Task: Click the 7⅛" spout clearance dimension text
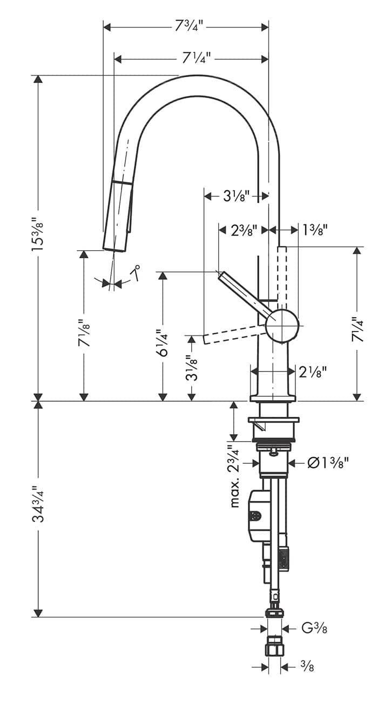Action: [x=84, y=334]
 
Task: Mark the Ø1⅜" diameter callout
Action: [x=327, y=463]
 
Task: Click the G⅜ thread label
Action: [x=313, y=629]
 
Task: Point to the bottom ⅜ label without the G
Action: [x=307, y=667]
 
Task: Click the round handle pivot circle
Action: [x=282, y=326]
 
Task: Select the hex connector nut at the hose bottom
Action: [x=274, y=648]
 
